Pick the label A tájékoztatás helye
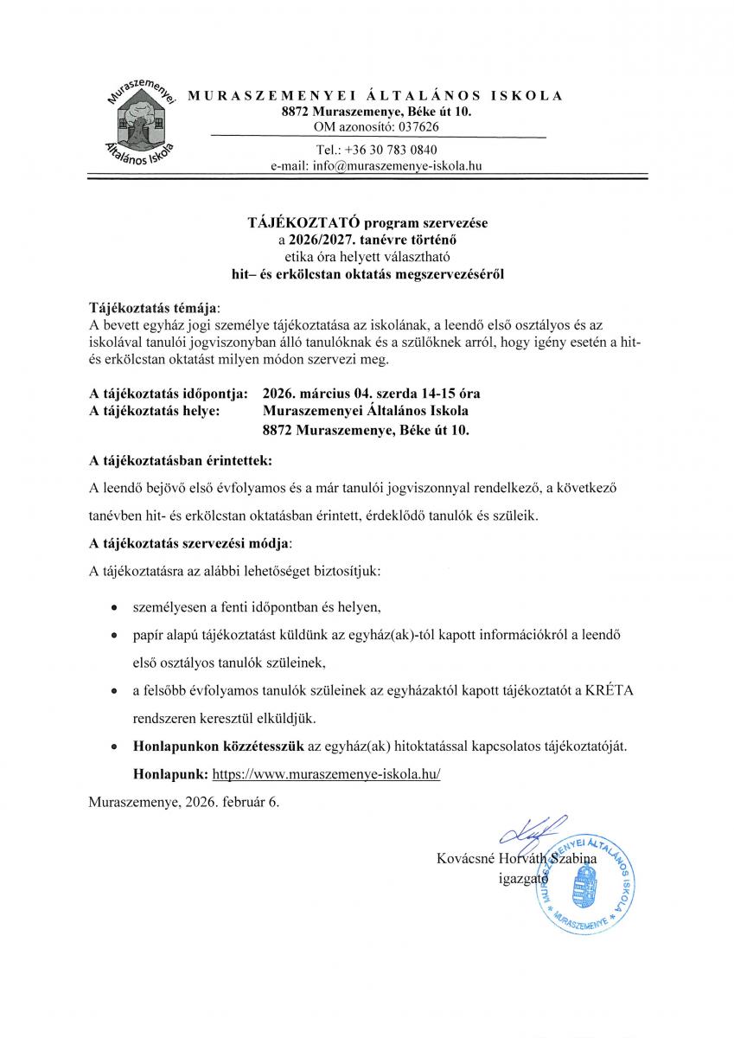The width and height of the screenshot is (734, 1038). click(155, 411)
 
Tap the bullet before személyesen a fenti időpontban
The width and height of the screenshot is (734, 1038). click(114, 608)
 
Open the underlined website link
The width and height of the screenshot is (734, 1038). click(326, 774)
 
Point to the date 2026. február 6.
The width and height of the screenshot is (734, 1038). click(227, 802)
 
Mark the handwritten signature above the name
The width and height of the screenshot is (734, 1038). click(529, 833)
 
